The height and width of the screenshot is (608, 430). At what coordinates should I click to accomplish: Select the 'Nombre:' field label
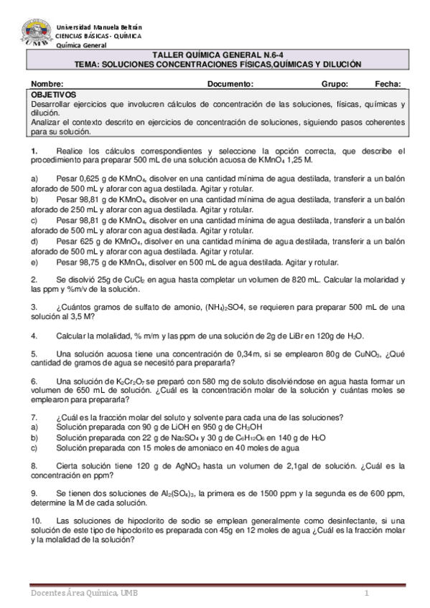pyautogui.click(x=48, y=84)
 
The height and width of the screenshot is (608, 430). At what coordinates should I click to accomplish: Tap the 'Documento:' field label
pyautogui.click(x=230, y=84)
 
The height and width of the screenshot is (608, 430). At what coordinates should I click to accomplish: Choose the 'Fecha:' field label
pyautogui.click(x=386, y=84)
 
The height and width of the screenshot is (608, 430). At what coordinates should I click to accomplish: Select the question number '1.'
pyautogui.click(x=34, y=151)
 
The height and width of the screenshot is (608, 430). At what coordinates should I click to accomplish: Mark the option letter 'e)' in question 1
pyautogui.click(x=34, y=263)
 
